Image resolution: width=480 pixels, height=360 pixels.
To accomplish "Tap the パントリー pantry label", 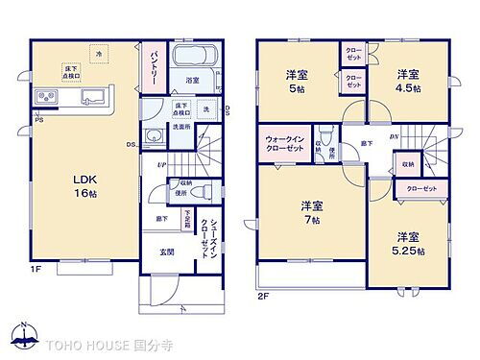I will (152, 67).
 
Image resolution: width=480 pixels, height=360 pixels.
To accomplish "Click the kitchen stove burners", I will (48, 97).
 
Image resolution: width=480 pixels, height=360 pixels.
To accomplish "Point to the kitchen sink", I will (93, 96).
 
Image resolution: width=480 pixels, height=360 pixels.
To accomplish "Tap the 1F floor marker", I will (36, 270).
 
